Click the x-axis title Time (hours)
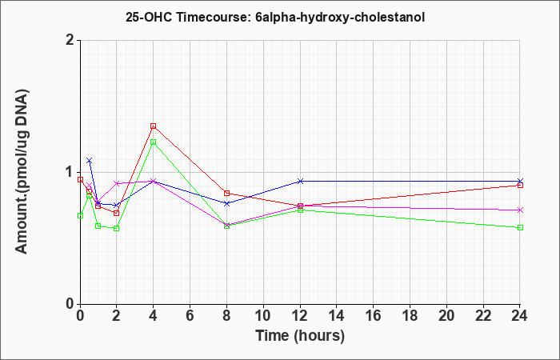300,336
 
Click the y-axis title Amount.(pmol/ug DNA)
22,172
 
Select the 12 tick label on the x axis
300,316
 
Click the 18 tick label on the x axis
410,316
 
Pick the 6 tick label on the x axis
190,316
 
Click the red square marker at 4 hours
154,126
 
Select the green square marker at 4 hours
154,142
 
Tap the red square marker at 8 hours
226,194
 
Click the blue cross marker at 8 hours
226,203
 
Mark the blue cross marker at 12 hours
300,181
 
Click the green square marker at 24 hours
520,227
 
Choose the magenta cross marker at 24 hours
520,210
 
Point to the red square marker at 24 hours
520,185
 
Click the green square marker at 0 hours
80,215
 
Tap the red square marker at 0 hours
80,180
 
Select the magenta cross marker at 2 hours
117,183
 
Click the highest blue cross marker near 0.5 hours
90,160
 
